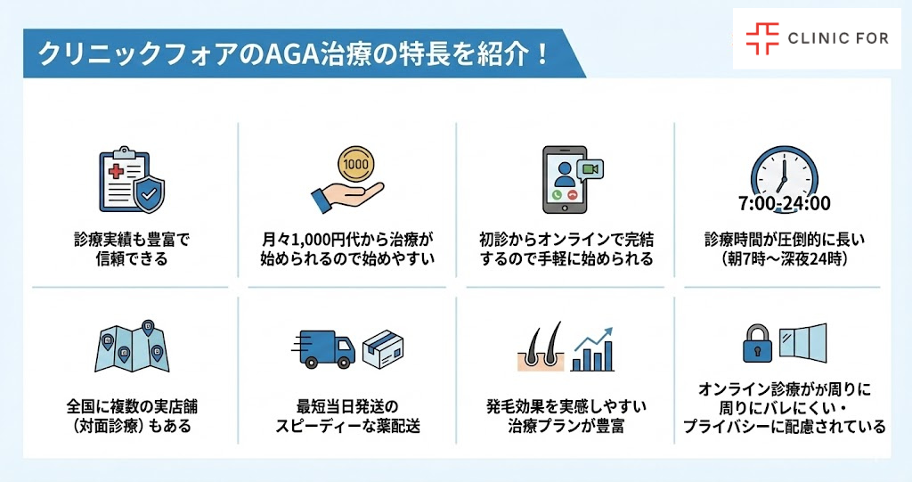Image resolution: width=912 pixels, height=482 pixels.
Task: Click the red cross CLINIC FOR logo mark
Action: (761, 38)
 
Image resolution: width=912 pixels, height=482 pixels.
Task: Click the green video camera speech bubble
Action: (589, 168)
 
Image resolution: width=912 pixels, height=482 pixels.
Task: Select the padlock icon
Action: (755, 343)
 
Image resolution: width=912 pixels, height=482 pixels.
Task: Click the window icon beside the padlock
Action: (802, 343)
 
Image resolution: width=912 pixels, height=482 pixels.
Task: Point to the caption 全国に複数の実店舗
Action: (132, 407)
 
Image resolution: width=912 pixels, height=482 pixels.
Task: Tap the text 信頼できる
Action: (132, 260)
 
